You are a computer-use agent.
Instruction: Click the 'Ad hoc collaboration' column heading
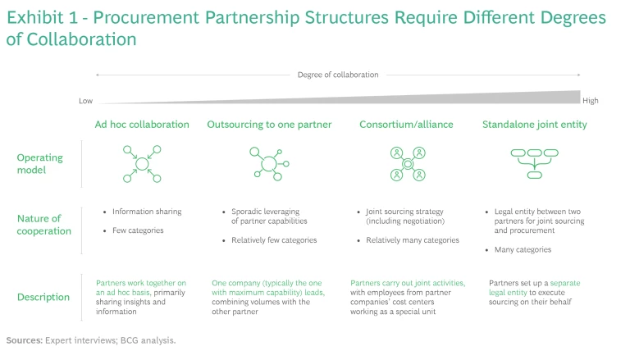[142, 125]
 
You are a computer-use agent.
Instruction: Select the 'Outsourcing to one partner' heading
[269, 125]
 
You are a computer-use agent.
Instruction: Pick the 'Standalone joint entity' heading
[535, 125]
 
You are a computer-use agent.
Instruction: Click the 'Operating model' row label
[39, 164]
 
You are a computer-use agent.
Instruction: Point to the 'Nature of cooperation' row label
[44, 225]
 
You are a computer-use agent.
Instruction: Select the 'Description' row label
[43, 297]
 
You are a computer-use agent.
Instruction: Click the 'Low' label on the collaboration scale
[85, 102]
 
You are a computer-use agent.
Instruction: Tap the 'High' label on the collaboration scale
[590, 102]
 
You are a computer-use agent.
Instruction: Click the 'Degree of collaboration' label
[338, 75]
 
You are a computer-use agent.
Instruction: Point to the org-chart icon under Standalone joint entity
[534, 162]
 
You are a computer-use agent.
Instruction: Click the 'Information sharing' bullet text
[147, 212]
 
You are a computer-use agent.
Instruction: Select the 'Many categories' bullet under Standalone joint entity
[523, 249]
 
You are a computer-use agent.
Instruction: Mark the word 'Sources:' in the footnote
[25, 339]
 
